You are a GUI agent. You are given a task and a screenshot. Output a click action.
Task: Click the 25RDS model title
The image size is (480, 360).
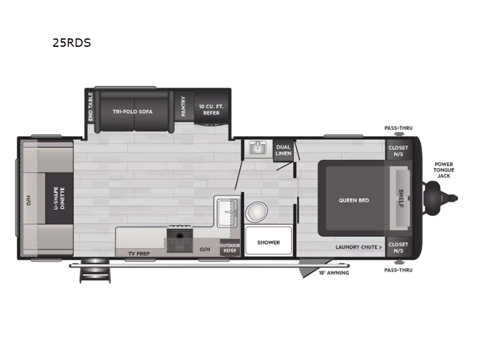71,43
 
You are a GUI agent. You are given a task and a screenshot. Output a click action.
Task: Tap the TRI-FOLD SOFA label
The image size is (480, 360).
133,112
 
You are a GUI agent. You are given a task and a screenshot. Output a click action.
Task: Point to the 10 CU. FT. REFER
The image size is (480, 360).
211,109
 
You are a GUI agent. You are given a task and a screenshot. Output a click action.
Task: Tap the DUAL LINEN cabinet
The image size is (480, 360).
283,150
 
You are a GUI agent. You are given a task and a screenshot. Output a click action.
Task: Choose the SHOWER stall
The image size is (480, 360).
268,242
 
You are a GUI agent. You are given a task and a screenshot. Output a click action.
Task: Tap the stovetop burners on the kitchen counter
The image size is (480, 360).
179,240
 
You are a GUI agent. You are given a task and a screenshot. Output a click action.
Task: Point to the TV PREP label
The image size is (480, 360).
139,254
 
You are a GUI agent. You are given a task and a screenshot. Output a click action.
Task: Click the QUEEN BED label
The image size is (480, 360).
353,200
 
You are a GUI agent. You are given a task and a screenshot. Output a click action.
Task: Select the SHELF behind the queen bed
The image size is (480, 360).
401,199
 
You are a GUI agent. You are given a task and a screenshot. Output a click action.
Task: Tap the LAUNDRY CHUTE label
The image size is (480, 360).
358,247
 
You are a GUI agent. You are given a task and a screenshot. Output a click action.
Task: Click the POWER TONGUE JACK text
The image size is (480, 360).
445,170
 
